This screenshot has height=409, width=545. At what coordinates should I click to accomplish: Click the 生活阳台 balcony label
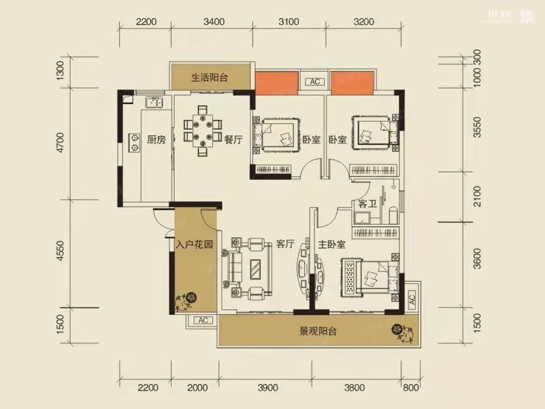[x=209, y=77]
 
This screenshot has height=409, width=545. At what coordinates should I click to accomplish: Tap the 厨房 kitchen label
[x=156, y=140]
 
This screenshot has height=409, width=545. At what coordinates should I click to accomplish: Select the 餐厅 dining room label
[x=233, y=140]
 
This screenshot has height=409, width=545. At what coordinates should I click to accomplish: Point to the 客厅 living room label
[x=285, y=244]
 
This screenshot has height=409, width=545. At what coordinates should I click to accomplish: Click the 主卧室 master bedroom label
[x=332, y=244]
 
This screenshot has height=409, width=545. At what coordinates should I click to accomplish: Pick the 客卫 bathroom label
[x=367, y=203]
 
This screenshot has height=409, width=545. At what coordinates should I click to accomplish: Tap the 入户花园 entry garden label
[x=194, y=244]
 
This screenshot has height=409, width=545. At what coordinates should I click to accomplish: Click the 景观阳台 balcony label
[x=318, y=331]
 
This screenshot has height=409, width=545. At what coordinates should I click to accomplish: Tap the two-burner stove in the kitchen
[x=134, y=143]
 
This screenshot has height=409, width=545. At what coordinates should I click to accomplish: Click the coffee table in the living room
[x=257, y=269]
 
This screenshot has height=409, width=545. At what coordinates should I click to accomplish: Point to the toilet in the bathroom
[x=393, y=216]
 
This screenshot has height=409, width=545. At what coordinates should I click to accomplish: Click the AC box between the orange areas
[x=315, y=82]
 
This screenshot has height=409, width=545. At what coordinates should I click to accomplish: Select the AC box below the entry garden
[x=203, y=320]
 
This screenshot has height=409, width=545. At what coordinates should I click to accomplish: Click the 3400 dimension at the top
[x=214, y=22]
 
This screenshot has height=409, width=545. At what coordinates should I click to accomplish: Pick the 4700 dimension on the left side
[x=61, y=142]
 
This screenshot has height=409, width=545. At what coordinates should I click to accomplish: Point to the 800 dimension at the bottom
[x=411, y=387]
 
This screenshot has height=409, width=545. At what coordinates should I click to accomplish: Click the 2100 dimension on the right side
[x=477, y=196]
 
